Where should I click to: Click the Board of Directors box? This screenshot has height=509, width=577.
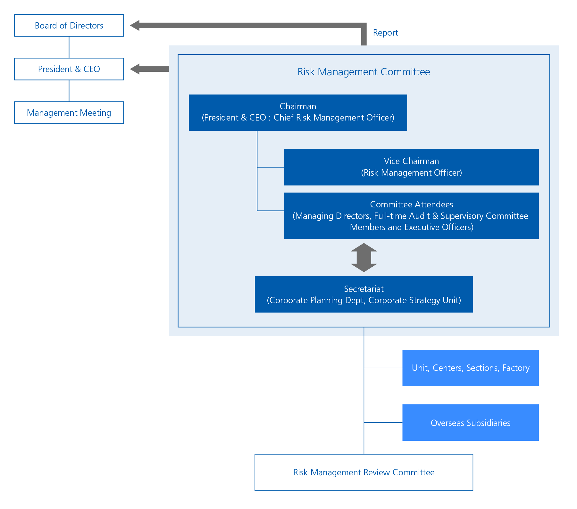click(69, 25)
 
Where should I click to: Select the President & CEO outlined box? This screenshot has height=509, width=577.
click(69, 69)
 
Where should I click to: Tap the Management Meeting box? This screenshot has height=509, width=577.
click(69, 113)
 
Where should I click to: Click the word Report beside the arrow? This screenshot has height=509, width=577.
click(385, 33)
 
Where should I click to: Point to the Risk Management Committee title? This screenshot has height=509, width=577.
click(364, 72)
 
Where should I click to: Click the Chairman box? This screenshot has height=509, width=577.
click(298, 112)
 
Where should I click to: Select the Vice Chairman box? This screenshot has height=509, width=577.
click(411, 167)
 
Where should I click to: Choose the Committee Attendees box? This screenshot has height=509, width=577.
click(411, 216)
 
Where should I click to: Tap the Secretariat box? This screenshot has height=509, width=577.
click(364, 294)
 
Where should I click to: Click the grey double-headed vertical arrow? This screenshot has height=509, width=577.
click(364, 258)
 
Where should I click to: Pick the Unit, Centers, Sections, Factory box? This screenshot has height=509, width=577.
click(470, 368)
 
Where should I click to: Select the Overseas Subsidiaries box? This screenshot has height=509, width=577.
click(470, 422)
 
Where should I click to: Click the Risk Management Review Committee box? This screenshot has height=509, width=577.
click(364, 472)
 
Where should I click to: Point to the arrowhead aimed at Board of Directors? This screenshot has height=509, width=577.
click(135, 25)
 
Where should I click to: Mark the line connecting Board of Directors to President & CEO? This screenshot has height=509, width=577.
click(69, 47)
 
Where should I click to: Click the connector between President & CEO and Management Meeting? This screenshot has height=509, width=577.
click(69, 91)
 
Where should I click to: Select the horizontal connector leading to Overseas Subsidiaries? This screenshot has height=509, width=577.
click(383, 422)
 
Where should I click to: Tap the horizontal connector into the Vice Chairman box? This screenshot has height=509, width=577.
click(271, 167)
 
